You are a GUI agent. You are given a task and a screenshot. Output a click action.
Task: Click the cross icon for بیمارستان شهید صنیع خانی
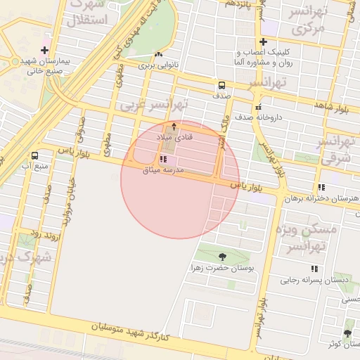45,50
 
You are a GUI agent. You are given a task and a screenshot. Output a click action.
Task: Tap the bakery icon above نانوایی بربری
158,54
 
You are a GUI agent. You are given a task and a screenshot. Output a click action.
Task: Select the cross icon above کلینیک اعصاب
263,42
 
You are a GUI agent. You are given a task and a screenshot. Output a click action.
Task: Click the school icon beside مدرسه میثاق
163,160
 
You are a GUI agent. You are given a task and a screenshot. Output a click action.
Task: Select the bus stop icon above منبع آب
34,155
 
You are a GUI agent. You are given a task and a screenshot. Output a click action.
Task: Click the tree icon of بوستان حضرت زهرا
223,257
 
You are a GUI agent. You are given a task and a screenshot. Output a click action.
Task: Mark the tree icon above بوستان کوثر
347,333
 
